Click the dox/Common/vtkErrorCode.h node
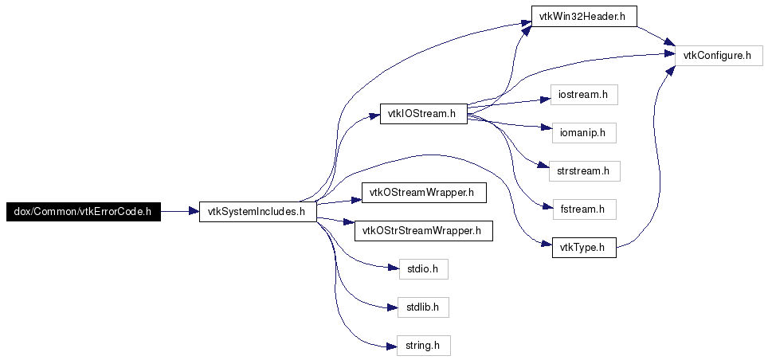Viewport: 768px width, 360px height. (x=84, y=212)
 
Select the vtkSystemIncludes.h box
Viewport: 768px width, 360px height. (x=257, y=212)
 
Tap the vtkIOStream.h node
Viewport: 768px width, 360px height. (x=423, y=114)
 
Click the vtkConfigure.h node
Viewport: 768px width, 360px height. (x=719, y=56)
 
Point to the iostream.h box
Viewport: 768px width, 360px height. (x=583, y=95)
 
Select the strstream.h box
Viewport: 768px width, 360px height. (x=583, y=170)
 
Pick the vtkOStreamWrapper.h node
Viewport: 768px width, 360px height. (x=423, y=193)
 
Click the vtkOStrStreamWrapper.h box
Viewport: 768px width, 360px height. (x=423, y=232)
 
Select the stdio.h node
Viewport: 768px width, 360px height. (x=423, y=269)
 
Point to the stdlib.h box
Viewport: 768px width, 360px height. (x=423, y=307)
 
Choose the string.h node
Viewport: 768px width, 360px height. (x=423, y=346)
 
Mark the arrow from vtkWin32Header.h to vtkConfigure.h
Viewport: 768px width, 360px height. (x=655, y=36)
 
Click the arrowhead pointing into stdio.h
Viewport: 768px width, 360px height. (x=394, y=269)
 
